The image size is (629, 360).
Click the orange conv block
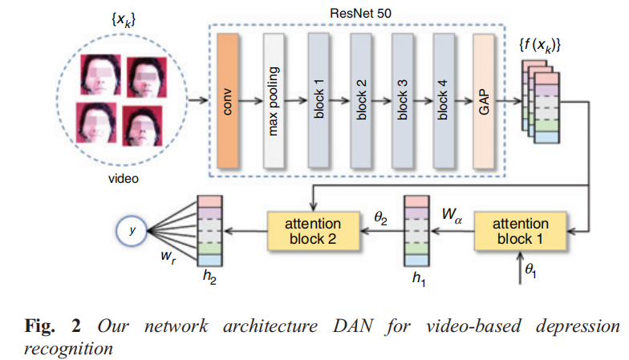click(x=229, y=102)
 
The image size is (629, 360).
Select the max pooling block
click(x=274, y=102)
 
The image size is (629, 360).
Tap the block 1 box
click(x=319, y=102)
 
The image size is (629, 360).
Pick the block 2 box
click(x=362, y=102)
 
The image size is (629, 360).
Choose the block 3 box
click(x=405, y=102)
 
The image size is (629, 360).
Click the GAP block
click(x=485, y=102)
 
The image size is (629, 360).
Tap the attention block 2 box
click(x=314, y=229)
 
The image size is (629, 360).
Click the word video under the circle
click(x=124, y=179)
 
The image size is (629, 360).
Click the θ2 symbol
click(x=379, y=216)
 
